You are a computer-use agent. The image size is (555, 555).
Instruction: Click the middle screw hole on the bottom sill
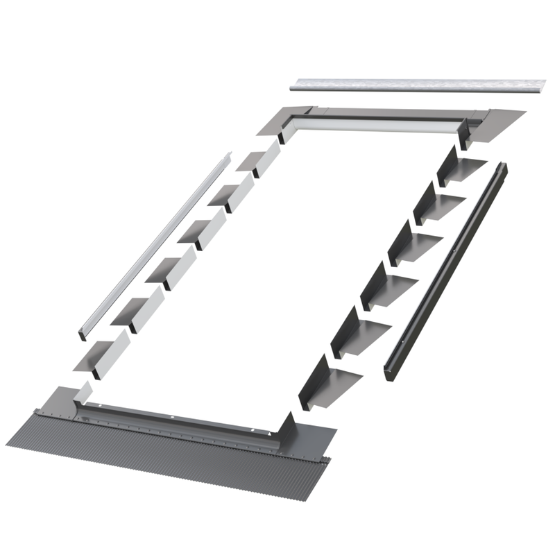pyautogui.click(x=172, y=418)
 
